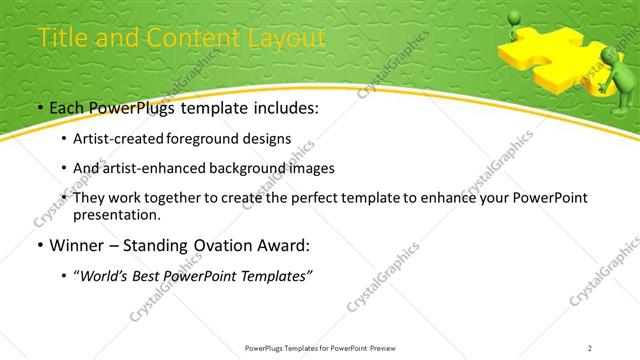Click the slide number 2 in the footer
click(590, 348)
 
